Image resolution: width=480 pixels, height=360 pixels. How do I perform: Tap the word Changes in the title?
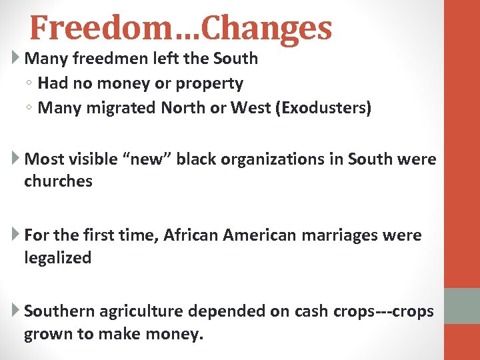(x=266, y=28)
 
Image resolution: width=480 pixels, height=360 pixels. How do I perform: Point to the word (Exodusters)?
(x=322, y=108)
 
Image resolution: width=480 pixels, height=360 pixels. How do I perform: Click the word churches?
(x=58, y=181)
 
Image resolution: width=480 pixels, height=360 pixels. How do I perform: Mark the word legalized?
(x=57, y=258)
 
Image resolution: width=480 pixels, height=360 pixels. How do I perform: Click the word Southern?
(x=59, y=311)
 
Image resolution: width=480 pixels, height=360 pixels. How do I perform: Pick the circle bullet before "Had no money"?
(x=31, y=84)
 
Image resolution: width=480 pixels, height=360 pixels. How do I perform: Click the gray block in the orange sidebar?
(x=461, y=305)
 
